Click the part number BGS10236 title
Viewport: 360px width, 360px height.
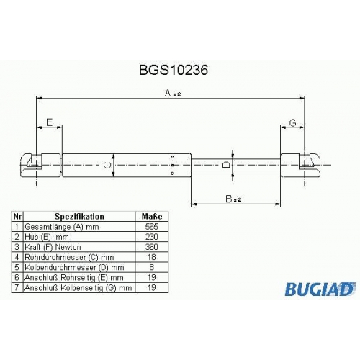coord(174,71)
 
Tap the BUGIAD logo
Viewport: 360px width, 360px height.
coord(320,289)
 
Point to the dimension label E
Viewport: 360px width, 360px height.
coord(49,122)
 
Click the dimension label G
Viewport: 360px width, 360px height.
coord(292,122)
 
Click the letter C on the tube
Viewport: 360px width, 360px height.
coord(107,165)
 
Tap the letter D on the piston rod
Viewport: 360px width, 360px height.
coord(226,165)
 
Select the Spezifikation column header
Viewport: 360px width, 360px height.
coord(79,216)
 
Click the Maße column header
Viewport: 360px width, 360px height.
coord(152,216)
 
